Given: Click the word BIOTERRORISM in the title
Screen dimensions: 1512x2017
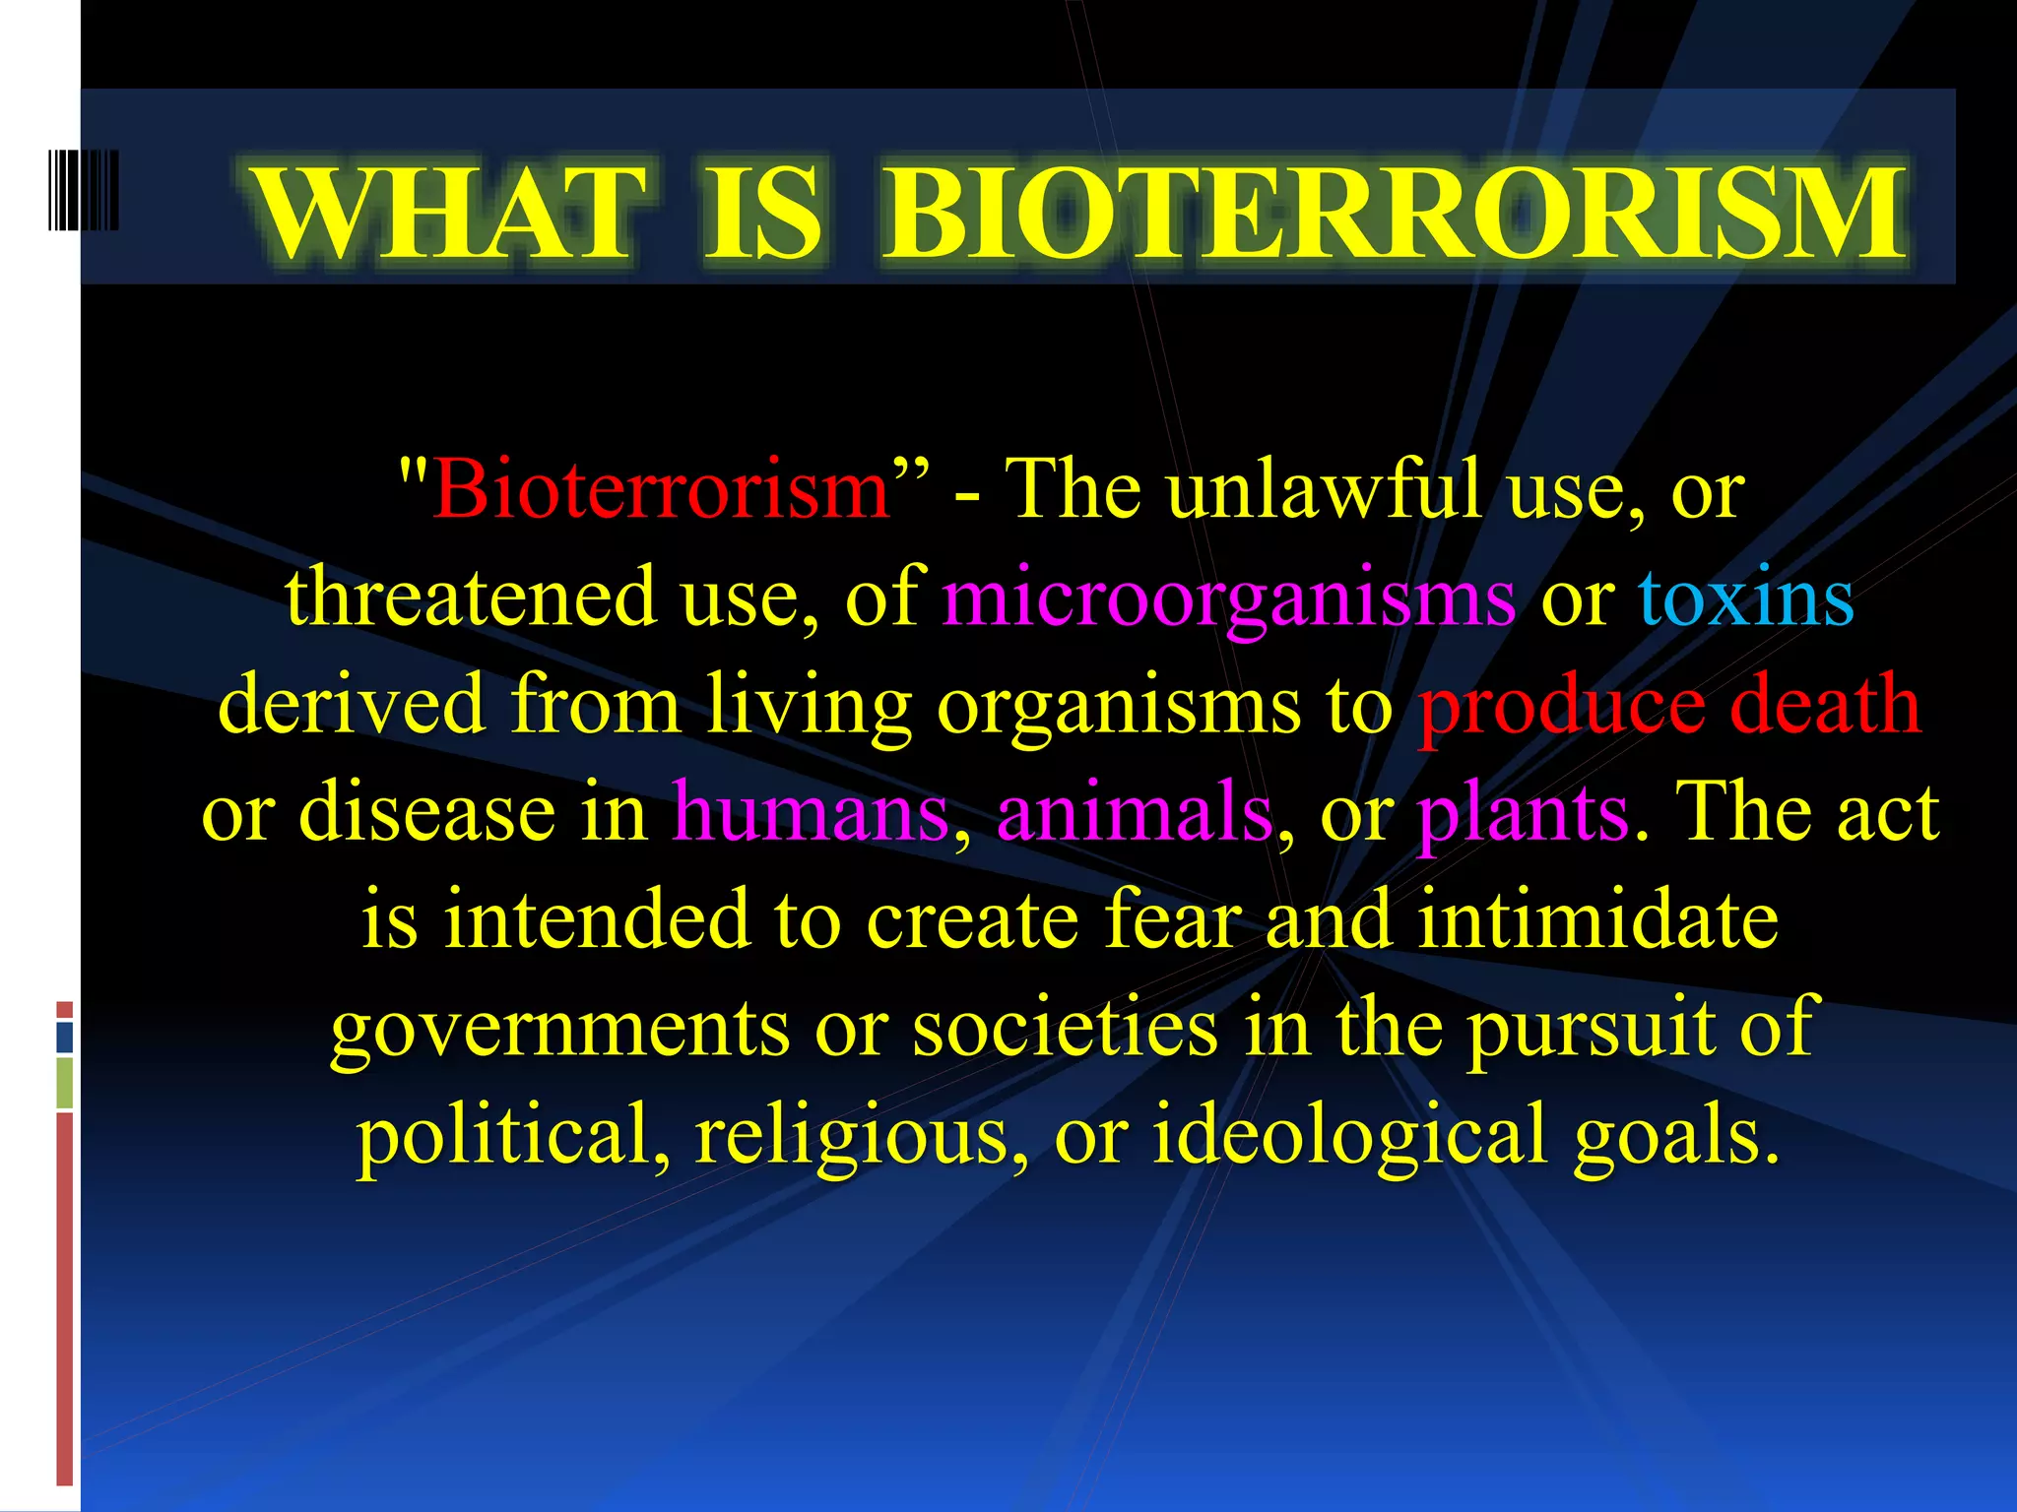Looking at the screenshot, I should tap(1393, 214).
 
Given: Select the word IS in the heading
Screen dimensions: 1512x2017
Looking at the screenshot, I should tap(763, 214).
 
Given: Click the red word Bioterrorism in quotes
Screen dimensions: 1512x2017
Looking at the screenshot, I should tap(662, 489).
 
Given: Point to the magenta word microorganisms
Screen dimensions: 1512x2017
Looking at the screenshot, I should tap(1228, 598).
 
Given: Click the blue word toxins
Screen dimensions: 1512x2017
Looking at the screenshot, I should tap(1745, 598).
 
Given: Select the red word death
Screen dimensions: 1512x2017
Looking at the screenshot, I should tap(1824, 705).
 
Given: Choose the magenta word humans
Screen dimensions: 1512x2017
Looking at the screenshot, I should tap(810, 813).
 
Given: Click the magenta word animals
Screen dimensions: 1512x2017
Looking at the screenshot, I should tap(1134, 813).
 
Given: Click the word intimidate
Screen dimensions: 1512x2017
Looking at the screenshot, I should tap(1597, 920).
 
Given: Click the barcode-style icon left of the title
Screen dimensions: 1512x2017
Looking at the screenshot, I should tap(84, 190).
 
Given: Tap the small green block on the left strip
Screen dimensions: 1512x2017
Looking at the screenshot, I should tap(64, 1083).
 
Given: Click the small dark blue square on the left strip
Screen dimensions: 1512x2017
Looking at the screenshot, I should tap(64, 1038).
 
